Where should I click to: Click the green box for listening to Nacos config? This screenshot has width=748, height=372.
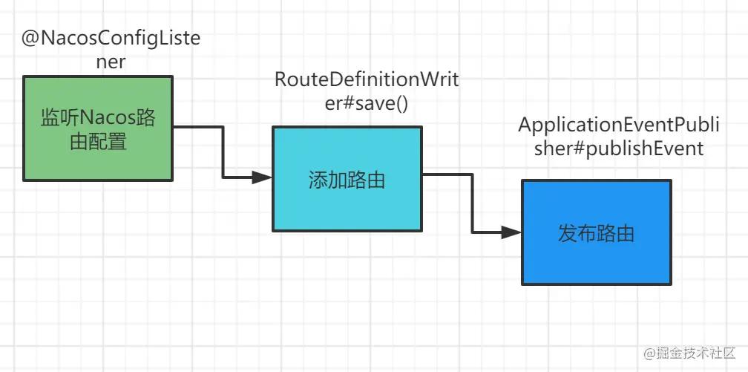[98, 128]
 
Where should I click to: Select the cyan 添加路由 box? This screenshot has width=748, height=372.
[347, 179]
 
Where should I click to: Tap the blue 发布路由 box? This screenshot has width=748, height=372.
[597, 232]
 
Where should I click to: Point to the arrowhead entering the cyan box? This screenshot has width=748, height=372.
[262, 177]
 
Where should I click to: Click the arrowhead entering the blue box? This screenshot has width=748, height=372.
[511, 233]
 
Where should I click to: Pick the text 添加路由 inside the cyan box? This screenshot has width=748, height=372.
[347, 180]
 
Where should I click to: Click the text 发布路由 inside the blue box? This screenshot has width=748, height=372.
[597, 234]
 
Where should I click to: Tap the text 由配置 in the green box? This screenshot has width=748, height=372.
[98, 142]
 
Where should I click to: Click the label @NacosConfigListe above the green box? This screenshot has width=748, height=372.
[111, 39]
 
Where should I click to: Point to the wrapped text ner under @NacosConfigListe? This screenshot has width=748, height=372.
[111, 62]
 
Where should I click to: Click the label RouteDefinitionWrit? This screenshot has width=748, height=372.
[367, 80]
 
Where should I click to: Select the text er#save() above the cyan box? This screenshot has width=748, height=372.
[367, 103]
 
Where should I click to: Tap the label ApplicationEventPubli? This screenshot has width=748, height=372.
[619, 125]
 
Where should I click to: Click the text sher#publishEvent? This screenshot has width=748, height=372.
[619, 148]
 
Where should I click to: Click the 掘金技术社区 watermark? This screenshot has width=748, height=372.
[689, 354]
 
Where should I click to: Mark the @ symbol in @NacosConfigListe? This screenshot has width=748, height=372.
[30, 39]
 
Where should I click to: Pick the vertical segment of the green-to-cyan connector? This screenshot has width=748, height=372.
[223, 152]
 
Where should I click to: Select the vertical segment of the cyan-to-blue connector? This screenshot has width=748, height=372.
[472, 204]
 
